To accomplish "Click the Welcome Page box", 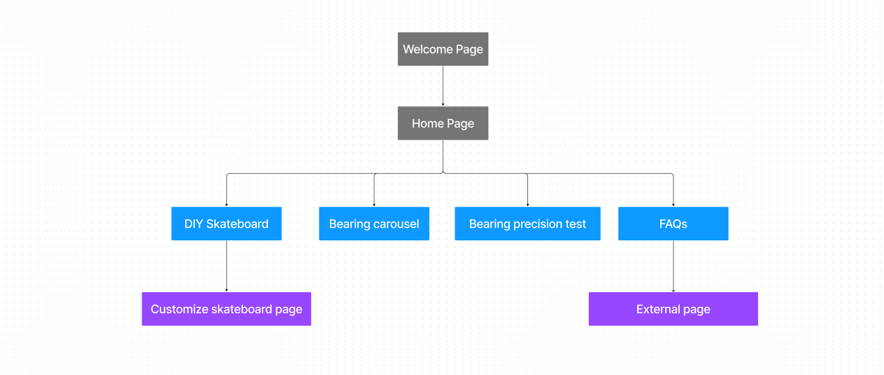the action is click(443, 49).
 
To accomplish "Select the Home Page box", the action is click(443, 123).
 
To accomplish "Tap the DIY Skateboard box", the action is click(226, 223).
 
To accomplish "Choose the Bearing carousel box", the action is click(374, 223).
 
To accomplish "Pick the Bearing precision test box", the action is click(527, 223).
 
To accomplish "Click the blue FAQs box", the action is click(673, 223).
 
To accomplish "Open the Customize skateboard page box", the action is click(226, 309).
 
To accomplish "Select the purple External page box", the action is click(673, 309).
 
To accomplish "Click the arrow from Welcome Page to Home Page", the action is click(443, 86).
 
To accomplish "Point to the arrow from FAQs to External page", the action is click(673, 266).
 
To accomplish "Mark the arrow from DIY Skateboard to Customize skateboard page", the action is click(226, 266).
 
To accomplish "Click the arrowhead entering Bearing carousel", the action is click(374, 205).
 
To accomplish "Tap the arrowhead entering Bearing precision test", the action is click(527, 205).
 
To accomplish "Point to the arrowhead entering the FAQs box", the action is click(673, 205).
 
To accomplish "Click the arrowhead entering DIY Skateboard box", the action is click(226, 205).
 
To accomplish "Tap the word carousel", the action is click(396, 224).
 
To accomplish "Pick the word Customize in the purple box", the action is click(180, 309).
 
